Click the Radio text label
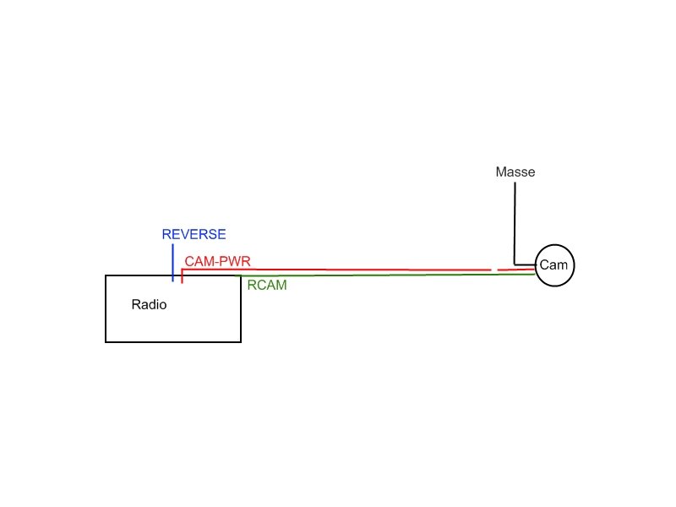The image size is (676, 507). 149,304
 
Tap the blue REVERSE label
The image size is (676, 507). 194,234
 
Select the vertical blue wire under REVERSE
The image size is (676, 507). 173,263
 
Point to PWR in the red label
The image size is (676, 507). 236,261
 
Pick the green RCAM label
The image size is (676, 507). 267,285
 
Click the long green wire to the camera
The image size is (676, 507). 388,275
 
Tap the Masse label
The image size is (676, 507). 515,172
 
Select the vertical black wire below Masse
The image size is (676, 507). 515,223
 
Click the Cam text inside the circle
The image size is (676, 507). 553,264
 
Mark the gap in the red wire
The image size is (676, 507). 494,270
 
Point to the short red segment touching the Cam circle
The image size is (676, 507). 516,270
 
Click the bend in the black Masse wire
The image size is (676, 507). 515,264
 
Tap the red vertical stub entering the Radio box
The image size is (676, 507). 182,276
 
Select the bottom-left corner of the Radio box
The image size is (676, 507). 106,342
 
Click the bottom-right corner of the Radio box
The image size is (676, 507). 241,342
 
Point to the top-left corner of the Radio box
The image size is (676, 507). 106,275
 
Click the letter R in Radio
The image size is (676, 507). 136,304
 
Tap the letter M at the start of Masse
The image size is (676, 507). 501,172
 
